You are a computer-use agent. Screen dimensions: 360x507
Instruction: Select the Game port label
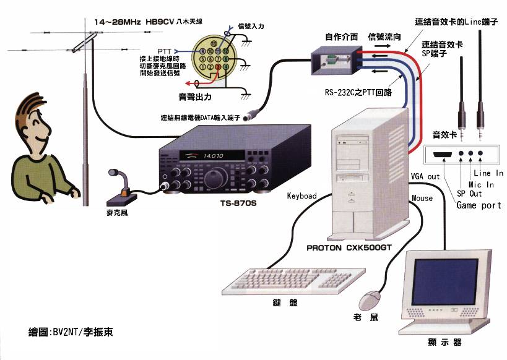479,205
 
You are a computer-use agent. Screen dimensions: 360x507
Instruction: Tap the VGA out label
425,176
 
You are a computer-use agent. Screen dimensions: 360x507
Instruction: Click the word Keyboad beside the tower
301,196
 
